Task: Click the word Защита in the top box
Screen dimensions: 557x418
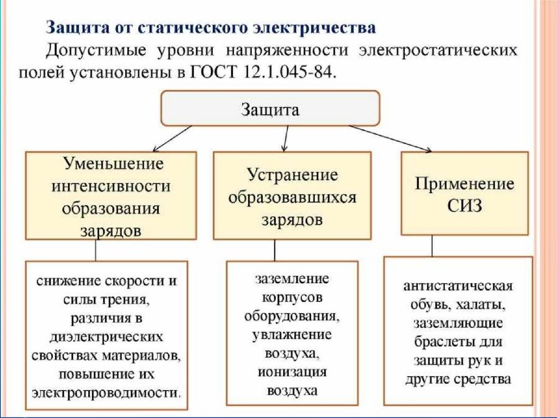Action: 270,109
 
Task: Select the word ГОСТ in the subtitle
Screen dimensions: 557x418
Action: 214,72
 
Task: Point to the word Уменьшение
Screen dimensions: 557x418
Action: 114,163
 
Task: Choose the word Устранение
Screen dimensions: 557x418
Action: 292,175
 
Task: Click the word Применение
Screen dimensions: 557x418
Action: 465,184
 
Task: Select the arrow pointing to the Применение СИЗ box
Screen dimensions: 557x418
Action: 390,139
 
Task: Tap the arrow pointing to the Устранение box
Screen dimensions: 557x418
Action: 285,139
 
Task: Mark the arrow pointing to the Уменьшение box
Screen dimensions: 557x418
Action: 172,139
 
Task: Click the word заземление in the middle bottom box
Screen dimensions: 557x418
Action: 292,279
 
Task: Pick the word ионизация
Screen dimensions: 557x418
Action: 292,372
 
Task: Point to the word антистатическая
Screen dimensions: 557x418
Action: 458,286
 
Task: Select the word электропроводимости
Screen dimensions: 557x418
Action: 106,393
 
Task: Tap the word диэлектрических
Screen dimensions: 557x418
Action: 106,336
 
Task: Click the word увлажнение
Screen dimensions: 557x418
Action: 292,335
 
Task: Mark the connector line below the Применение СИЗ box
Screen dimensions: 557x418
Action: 432,246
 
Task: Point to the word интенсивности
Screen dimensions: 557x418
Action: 111,186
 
